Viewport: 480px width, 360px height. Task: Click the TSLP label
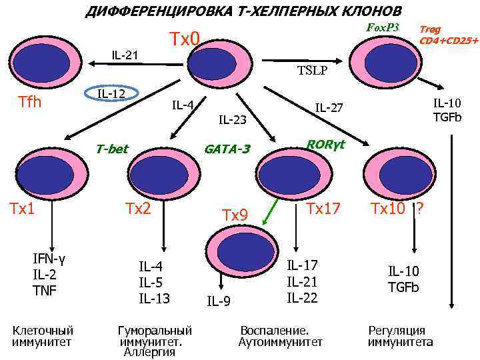click(x=312, y=70)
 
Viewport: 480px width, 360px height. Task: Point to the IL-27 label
click(x=329, y=107)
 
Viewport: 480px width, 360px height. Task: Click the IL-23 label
click(x=233, y=120)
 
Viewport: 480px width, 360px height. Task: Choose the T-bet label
click(x=111, y=149)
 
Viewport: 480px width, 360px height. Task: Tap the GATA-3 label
click(x=227, y=149)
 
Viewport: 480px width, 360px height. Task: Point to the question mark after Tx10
click(x=419, y=209)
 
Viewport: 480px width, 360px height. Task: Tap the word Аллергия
click(x=149, y=352)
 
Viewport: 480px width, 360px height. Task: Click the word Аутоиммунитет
click(x=280, y=342)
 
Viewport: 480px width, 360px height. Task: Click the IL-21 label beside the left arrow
click(x=125, y=54)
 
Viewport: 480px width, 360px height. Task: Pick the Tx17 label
click(x=323, y=209)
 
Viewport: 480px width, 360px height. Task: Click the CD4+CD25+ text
click(x=449, y=41)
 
